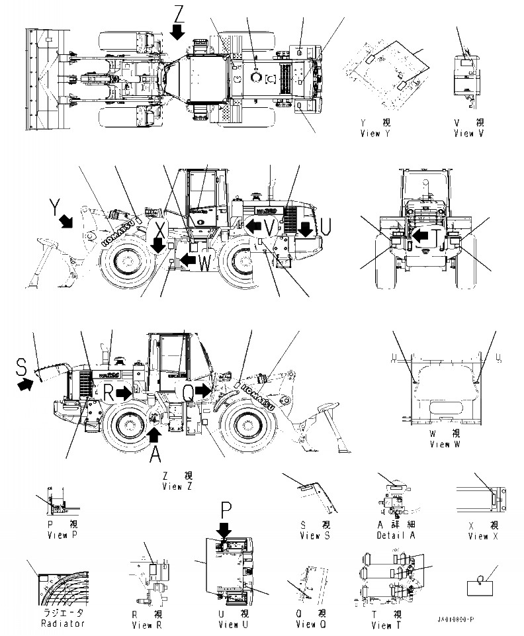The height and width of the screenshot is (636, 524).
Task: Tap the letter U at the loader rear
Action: [326, 226]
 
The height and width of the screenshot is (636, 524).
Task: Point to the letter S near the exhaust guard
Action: [22, 365]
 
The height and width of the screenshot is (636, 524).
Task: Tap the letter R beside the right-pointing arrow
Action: [109, 391]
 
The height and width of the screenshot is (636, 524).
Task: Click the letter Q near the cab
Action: [189, 392]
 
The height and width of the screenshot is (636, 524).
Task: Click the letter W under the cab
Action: [206, 262]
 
